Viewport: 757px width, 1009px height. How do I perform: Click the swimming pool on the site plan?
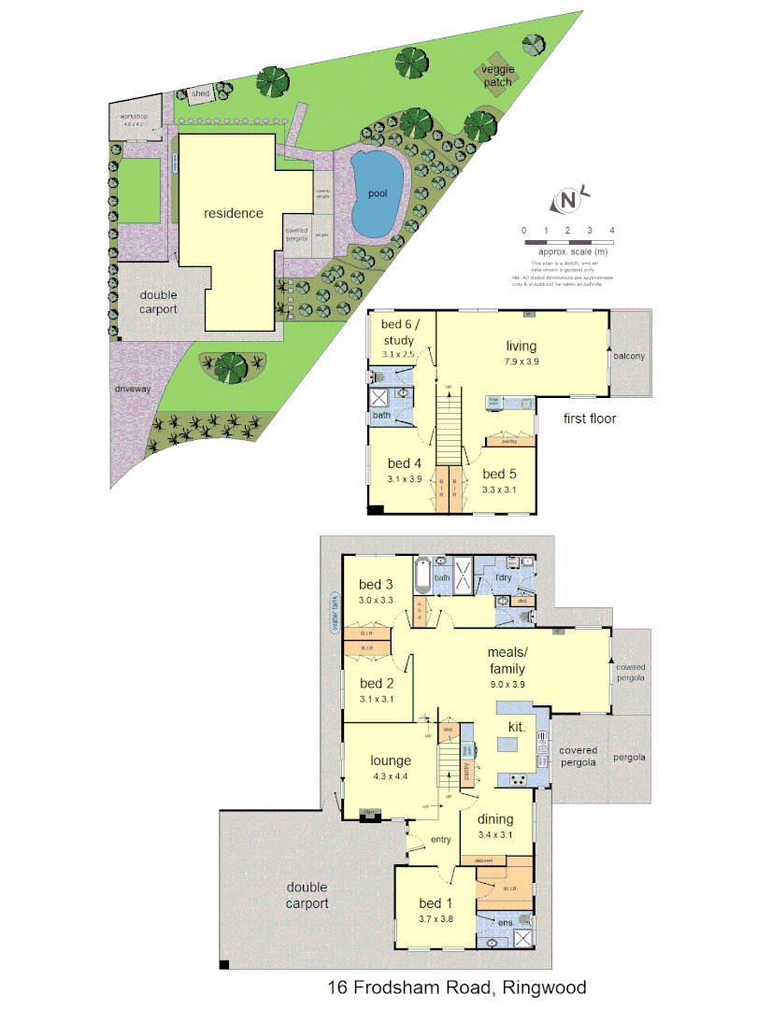pyautogui.click(x=377, y=193)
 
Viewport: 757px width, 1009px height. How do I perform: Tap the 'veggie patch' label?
pyautogui.click(x=497, y=76)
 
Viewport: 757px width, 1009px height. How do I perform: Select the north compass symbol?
pyautogui.click(x=567, y=200)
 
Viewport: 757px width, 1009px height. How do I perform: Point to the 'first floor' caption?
pyautogui.click(x=589, y=419)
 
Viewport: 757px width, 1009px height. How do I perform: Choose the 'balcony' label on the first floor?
pyautogui.click(x=629, y=357)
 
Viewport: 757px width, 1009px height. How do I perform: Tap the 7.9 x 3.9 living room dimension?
pyautogui.click(x=522, y=362)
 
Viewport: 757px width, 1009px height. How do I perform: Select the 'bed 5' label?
pyautogui.click(x=500, y=474)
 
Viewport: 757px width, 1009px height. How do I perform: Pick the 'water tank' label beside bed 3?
pyautogui.click(x=332, y=613)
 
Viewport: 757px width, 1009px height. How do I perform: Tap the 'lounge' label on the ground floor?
pyautogui.click(x=391, y=760)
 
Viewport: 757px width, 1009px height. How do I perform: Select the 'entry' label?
pyautogui.click(x=440, y=840)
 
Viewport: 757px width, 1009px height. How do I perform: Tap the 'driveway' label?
pyautogui.click(x=134, y=388)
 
